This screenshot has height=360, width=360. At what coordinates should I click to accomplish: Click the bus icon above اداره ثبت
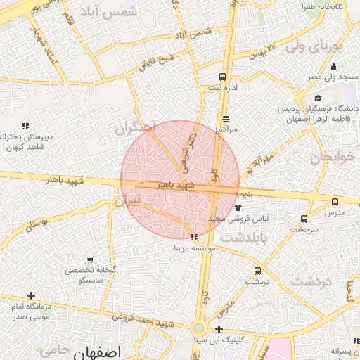click(223, 77)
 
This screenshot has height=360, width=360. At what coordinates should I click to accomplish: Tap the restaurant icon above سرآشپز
click(226, 119)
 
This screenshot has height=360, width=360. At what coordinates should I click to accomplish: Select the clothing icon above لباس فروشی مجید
click(238, 207)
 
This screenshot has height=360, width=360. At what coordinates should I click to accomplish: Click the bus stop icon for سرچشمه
click(304, 219)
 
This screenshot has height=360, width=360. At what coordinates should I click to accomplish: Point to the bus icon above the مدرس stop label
click(334, 200)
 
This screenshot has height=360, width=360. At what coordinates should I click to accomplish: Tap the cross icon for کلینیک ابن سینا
click(219, 329)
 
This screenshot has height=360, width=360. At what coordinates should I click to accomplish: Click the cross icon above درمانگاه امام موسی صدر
click(30, 296)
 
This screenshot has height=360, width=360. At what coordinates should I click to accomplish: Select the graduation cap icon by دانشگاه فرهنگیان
click(318, 98)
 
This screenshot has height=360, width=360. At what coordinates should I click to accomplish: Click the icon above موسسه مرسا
click(193, 238)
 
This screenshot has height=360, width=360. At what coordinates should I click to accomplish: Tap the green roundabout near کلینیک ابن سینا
click(199, 328)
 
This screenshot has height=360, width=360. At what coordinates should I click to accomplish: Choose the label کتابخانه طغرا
click(322, 6)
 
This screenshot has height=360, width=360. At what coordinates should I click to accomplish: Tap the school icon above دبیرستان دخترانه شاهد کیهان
click(25, 126)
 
